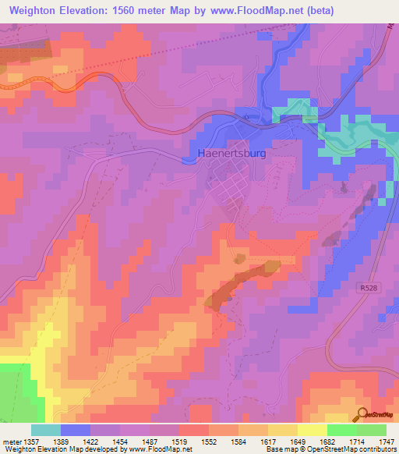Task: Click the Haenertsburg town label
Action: tap(233, 154)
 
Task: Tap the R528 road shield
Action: tap(369, 288)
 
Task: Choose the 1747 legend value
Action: tap(385, 441)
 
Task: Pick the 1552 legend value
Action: tap(208, 441)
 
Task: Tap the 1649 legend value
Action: tap(297, 441)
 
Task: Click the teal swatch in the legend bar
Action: tap(46, 430)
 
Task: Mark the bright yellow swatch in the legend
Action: tap(312, 430)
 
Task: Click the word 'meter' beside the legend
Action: tap(10, 441)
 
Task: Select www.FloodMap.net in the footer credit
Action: tap(160, 449)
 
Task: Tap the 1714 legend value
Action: tap(356, 441)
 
